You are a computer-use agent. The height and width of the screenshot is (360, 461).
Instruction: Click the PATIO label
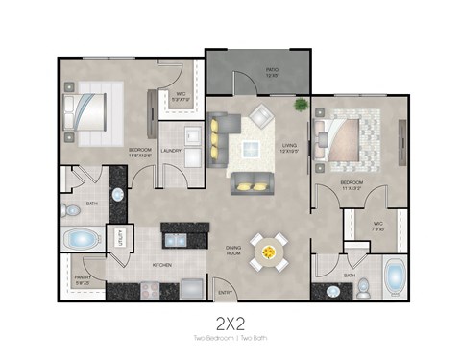[271, 71]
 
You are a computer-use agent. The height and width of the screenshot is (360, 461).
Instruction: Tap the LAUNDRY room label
[173, 150]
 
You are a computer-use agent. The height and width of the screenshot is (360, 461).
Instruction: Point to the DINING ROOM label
[234, 250]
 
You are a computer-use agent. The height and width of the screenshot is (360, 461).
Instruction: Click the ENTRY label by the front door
[226, 292]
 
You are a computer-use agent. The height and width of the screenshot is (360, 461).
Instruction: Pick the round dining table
[268, 252]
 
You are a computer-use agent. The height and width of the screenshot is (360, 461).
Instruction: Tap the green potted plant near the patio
[302, 104]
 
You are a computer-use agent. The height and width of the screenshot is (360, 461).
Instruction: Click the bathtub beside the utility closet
[83, 238]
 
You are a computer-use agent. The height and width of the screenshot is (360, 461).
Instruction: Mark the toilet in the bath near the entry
[333, 291]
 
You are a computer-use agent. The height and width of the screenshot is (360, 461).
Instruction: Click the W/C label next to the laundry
[182, 96]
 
